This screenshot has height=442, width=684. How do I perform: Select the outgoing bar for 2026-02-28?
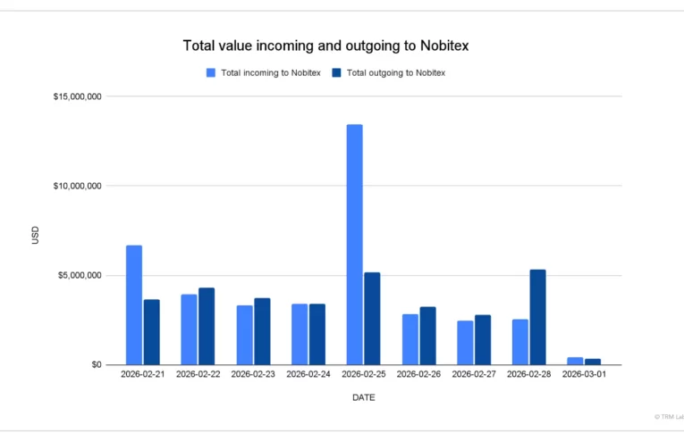pyautogui.click(x=537, y=317)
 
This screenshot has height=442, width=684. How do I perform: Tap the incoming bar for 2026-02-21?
pyautogui.click(x=134, y=304)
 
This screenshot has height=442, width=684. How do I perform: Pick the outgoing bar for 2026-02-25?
pyautogui.click(x=372, y=318)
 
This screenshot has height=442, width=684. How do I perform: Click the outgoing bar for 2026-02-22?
pyautogui.click(x=207, y=326)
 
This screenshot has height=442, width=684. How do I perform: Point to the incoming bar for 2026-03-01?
pyautogui.click(x=575, y=361)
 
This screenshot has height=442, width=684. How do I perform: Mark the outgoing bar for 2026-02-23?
pyautogui.click(x=262, y=331)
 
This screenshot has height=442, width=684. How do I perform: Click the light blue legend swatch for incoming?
pyautogui.click(x=211, y=73)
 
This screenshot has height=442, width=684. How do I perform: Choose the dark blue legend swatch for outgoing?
pyautogui.click(x=336, y=73)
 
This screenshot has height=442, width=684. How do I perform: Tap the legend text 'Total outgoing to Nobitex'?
pyautogui.click(x=395, y=73)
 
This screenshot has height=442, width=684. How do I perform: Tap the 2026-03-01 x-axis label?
pyautogui.click(x=584, y=374)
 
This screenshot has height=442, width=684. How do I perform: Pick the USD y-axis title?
pyautogui.click(x=36, y=236)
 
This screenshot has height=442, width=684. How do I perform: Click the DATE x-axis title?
pyautogui.click(x=363, y=397)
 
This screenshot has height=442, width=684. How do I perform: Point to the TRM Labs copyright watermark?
pyautogui.click(x=667, y=416)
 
